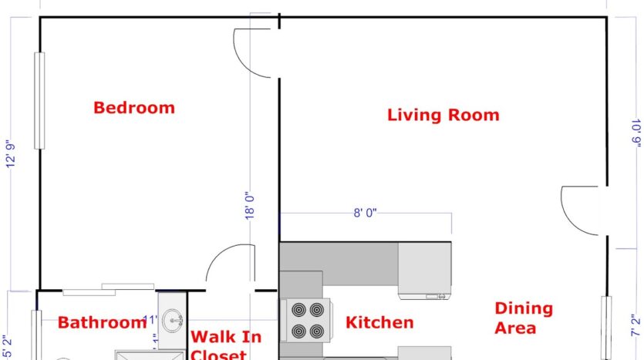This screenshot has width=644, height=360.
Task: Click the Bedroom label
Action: point(134,108)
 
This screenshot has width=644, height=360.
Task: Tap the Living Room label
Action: point(443,116)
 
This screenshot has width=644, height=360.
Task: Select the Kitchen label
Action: point(379,323)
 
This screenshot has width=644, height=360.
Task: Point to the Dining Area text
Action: point(524,318)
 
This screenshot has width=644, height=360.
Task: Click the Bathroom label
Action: point(102,323)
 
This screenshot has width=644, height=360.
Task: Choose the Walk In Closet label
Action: point(225,345)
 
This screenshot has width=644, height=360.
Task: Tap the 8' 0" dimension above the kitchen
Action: point(365,213)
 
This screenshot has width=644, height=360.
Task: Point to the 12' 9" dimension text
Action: point(12,153)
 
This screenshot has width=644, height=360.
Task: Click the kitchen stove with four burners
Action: point(306,321)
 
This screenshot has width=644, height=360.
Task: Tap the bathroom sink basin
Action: point(175,317)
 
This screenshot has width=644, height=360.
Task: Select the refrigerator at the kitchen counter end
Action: point(424,270)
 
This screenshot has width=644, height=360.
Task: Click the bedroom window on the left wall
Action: point(39,101)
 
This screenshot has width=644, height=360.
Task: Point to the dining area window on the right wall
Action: point(607,328)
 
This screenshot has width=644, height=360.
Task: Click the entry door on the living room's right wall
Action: point(583,210)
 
